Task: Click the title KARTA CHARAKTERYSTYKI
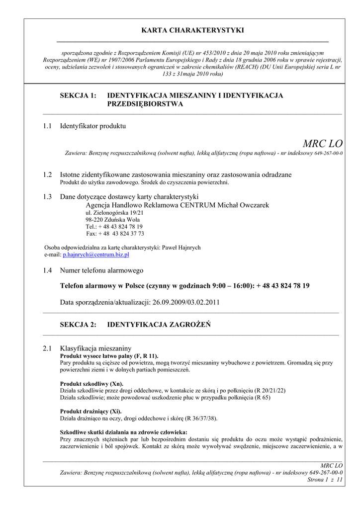click(x=193, y=31)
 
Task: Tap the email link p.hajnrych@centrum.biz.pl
click(x=96, y=254)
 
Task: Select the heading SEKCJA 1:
click(x=78, y=95)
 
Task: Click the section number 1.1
click(x=47, y=126)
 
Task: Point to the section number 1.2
click(x=47, y=174)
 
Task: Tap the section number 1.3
click(x=47, y=196)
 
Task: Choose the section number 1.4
click(x=47, y=270)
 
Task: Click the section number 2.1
click(x=47, y=348)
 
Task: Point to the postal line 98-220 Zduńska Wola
click(x=112, y=220)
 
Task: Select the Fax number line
click(x=115, y=234)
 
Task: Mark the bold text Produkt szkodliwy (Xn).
click(x=91, y=384)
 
